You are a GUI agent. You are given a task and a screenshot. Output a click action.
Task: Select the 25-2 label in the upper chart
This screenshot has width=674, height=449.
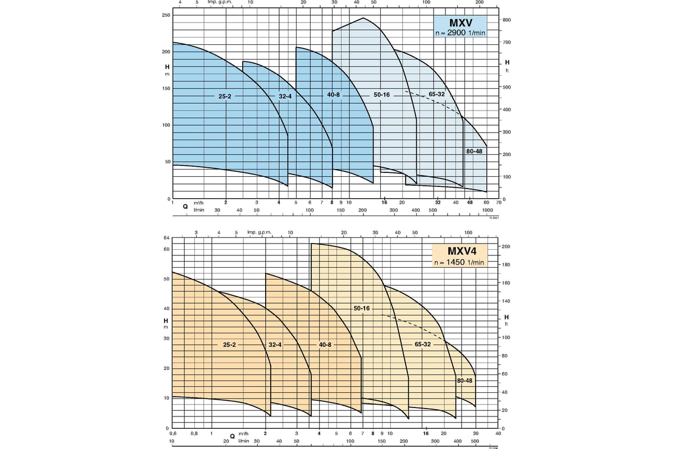point(225,97)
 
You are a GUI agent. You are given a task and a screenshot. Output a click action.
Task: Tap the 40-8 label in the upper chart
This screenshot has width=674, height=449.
point(334,94)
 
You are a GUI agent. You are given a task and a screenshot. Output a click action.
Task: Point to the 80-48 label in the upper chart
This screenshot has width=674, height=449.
point(474,152)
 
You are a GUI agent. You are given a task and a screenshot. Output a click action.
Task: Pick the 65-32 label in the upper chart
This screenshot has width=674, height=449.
point(436,94)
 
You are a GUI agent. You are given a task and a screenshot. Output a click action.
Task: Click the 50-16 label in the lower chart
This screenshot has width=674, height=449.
point(362,309)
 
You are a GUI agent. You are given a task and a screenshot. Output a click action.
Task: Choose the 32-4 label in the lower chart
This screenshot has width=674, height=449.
point(275,344)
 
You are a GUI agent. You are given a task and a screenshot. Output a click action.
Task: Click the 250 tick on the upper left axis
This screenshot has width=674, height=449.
point(166,15)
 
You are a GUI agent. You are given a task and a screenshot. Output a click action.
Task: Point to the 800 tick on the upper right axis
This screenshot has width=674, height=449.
point(507,20)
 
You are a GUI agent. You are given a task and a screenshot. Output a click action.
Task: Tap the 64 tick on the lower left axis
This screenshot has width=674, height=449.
point(166,238)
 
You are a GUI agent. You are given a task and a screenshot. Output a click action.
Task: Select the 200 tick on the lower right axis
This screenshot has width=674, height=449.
point(505,247)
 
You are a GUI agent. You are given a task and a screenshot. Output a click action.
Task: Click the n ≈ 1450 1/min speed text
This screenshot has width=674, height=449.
point(458,262)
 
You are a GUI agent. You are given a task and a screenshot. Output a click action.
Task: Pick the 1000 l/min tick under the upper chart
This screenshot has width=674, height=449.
point(487,209)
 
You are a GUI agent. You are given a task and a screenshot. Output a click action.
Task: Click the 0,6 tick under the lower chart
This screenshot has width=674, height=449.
point(172,434)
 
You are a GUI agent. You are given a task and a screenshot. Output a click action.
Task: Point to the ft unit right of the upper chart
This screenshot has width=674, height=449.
point(507,70)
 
